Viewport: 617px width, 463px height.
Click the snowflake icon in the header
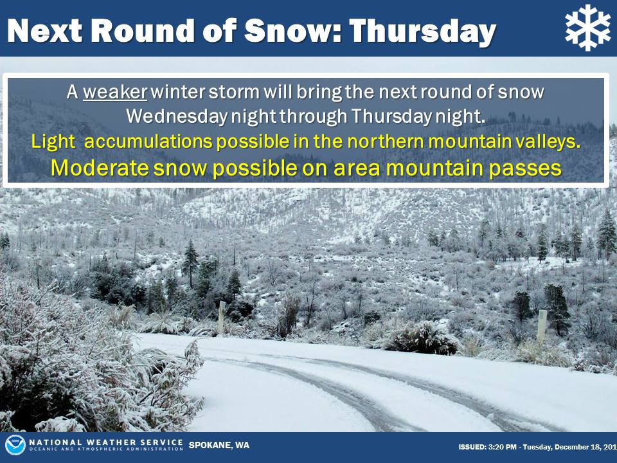pos(588,28)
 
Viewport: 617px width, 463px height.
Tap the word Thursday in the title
pos(422,32)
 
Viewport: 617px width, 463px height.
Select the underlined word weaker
pos(115,92)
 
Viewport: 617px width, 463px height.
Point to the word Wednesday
pos(177,116)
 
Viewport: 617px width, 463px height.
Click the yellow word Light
pos(53,141)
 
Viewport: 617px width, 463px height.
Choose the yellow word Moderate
pos(100,168)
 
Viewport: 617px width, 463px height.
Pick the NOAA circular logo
pos(15,445)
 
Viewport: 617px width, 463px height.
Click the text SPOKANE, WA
pos(219,445)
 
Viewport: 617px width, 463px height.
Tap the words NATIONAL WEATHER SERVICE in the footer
pos(106,442)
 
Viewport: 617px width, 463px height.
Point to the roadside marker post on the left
pos(222,317)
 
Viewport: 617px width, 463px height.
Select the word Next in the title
pos(45,30)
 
